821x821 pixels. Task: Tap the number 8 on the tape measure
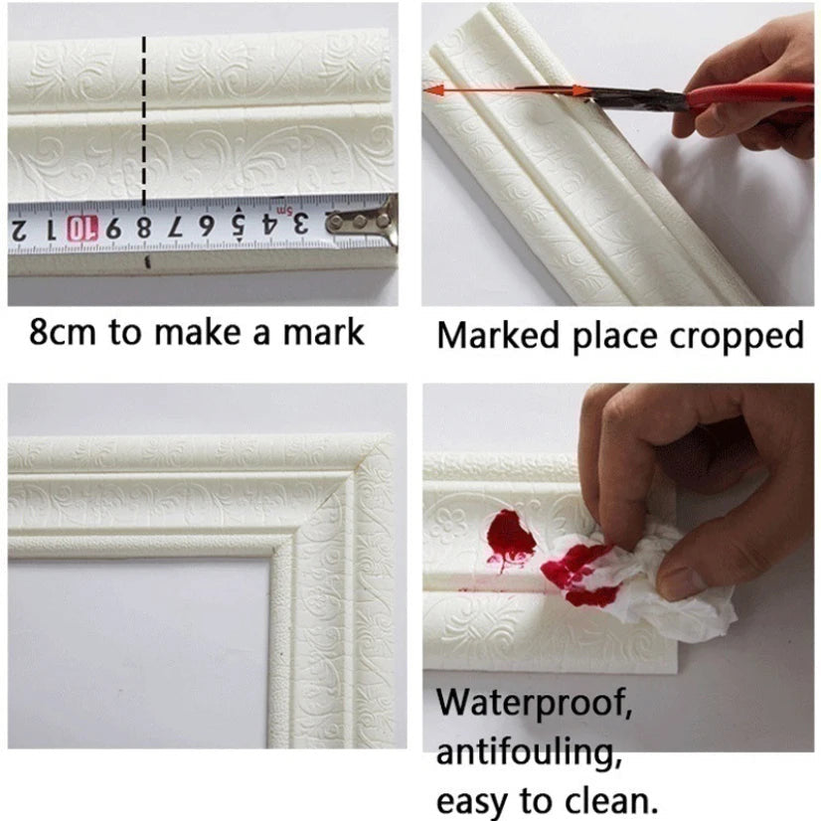click(143, 229)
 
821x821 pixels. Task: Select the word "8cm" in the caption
click(63, 333)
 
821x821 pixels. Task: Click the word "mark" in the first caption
click(323, 333)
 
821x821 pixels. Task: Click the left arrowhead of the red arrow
click(433, 91)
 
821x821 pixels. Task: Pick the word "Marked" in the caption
click(498, 335)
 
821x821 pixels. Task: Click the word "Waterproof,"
click(535, 704)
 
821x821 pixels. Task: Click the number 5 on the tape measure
click(239, 226)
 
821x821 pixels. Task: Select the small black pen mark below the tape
click(148, 262)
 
